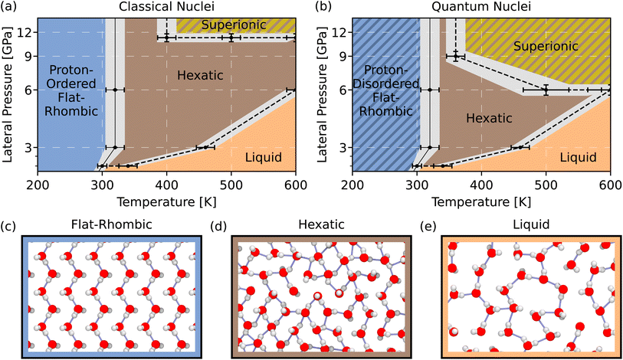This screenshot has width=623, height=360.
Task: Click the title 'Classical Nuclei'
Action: point(166,6)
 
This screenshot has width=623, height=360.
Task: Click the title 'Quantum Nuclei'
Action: point(480,6)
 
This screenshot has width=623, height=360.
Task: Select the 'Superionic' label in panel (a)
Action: point(234,25)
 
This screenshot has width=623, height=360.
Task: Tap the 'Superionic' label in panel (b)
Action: point(546,46)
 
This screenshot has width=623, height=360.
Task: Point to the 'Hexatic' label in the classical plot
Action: point(200,75)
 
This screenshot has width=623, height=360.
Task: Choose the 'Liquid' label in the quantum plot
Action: point(578,157)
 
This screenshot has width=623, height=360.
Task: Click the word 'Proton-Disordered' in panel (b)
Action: point(385,77)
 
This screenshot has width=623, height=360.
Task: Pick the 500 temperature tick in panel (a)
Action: point(231,185)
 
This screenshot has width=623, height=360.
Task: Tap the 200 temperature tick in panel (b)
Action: point(352,185)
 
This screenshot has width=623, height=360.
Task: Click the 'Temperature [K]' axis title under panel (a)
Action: point(166,202)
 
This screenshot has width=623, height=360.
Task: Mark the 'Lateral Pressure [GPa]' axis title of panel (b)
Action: point(322,94)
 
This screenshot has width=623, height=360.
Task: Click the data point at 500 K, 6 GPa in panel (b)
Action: point(546,90)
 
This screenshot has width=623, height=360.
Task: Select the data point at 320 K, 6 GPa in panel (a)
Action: point(115,90)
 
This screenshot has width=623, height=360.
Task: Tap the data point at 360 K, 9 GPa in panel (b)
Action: point(456,56)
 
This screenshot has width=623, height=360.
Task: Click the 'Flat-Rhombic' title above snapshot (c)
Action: point(112,224)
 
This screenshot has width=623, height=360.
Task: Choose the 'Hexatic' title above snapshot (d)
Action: point(321,224)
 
